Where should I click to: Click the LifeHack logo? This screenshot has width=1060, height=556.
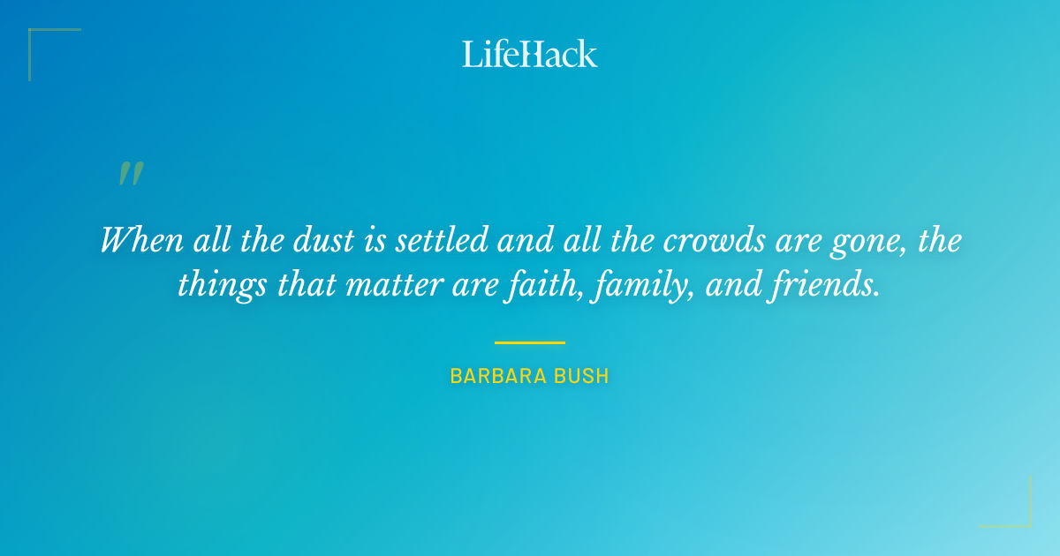[x=530, y=54]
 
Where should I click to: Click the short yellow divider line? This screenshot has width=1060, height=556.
[x=530, y=342]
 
